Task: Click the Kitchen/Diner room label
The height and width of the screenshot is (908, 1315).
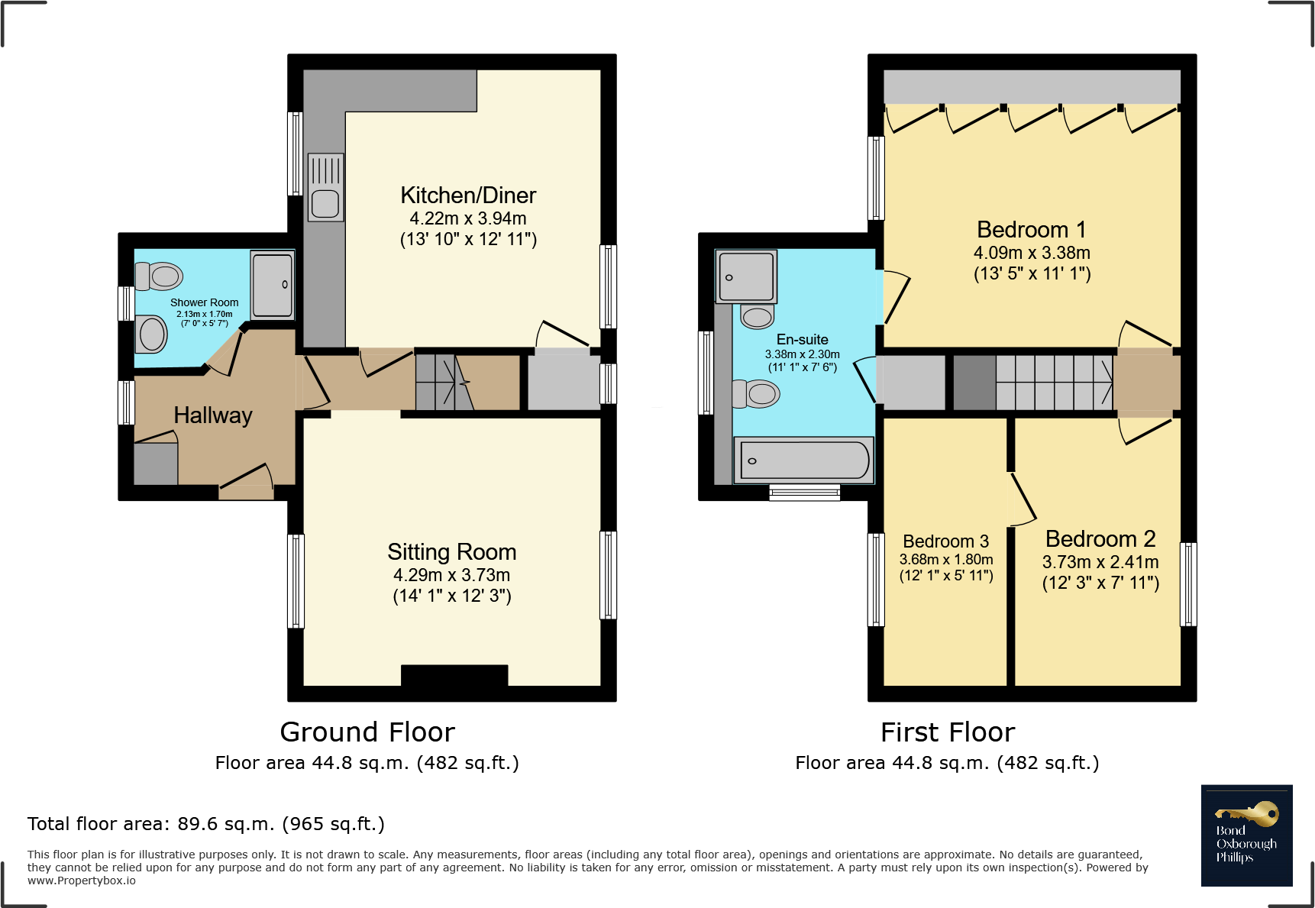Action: (468, 195)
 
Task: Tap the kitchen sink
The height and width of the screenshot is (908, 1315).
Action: (325, 187)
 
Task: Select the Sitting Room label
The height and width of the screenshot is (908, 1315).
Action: (452, 551)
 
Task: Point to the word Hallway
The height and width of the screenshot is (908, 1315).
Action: (213, 415)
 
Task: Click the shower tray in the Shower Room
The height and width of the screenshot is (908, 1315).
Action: (273, 284)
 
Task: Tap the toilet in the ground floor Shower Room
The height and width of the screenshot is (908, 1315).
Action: (159, 276)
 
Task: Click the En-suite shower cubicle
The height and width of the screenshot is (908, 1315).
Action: (746, 276)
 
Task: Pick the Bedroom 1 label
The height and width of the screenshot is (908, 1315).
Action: (1032, 230)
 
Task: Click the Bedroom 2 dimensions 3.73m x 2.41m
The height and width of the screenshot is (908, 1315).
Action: (1100, 562)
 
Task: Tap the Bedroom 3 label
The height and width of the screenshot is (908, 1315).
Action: (946, 541)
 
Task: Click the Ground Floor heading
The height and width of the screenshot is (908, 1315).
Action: (367, 732)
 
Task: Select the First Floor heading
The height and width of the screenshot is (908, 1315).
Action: (948, 732)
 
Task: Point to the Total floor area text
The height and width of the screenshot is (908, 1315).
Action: (206, 824)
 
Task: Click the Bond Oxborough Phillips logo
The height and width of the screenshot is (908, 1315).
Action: (1247, 835)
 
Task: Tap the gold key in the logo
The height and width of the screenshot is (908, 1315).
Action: (1247, 814)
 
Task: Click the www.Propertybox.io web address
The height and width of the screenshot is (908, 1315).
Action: (82, 881)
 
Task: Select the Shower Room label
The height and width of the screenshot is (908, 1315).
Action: (205, 303)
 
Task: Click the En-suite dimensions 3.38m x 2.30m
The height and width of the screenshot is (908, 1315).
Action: (803, 354)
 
